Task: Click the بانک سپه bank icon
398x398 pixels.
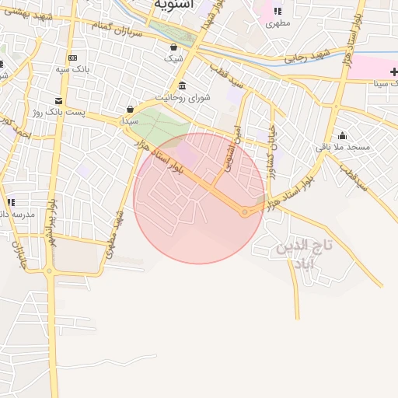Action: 72,58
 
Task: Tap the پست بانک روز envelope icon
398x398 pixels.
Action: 58,101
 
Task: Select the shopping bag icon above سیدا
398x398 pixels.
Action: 130,110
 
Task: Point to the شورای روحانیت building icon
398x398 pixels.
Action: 182,86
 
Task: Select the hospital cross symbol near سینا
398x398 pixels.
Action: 393,72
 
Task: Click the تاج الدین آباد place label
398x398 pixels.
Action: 304,253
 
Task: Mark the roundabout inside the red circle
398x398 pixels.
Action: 245,212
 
